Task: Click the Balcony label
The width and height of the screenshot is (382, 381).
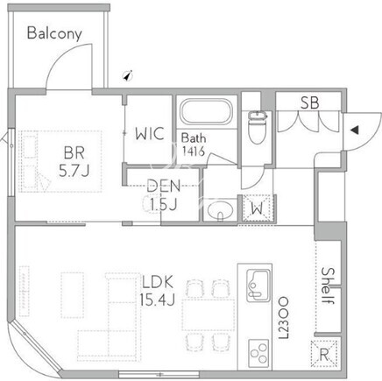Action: (54, 33)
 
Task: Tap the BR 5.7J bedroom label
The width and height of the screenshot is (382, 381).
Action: (74, 162)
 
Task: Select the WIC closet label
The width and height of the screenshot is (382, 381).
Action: (150, 134)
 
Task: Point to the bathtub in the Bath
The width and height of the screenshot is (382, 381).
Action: (206, 112)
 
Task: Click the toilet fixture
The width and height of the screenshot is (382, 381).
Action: (258, 127)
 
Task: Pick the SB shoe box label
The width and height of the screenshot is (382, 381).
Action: (310, 102)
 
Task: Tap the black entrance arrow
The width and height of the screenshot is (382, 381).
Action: (355, 130)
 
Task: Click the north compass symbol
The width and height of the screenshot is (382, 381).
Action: (128, 75)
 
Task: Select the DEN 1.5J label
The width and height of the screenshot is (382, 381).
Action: (163, 194)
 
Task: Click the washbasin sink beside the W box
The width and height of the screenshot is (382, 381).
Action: (220, 209)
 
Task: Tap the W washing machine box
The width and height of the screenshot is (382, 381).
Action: (257, 208)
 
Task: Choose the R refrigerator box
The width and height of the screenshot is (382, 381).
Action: (324, 354)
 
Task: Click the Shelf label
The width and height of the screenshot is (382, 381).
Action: (328, 286)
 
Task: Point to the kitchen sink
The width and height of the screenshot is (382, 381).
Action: (258, 286)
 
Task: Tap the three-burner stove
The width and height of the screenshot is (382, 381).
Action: (258, 354)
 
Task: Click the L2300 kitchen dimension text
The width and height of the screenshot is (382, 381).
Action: (283, 318)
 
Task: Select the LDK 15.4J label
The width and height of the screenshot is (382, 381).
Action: (157, 291)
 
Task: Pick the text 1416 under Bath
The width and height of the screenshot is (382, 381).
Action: (193, 152)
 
